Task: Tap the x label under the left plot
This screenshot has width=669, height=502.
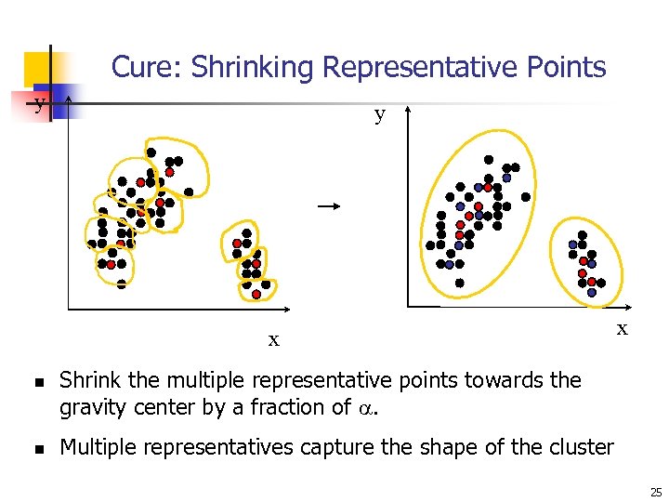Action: (x=273, y=340)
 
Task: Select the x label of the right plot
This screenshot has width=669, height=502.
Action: (x=623, y=328)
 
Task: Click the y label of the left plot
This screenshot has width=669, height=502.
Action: (x=39, y=103)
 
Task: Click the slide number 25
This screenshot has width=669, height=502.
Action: (x=655, y=492)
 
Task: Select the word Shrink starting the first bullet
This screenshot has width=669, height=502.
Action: (x=87, y=380)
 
